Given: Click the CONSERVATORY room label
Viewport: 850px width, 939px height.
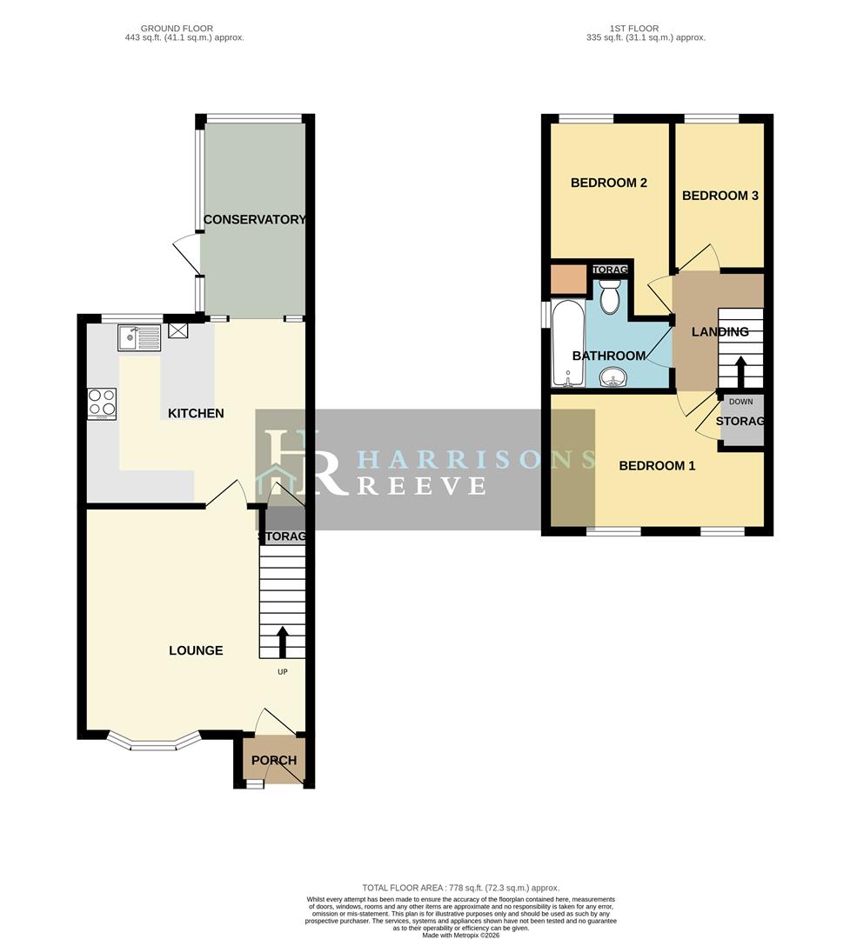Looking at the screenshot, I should pos(254,220).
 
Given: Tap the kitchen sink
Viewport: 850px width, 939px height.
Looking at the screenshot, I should pos(140,337).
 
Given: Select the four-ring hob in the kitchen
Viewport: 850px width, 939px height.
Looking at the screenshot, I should pos(102,404).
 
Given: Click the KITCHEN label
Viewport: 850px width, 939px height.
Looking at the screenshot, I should pos(196,414).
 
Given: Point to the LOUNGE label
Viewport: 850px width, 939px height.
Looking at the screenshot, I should pos(196,650).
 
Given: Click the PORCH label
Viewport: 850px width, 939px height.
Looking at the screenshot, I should pos(274,761).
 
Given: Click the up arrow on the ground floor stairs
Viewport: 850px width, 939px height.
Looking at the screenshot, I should pos(282,642).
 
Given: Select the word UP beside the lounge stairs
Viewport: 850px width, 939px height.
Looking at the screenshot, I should pos(282,672).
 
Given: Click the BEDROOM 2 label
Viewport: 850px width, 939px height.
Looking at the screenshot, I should pos(609,183).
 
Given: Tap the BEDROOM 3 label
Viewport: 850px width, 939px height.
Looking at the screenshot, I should pos(719,196).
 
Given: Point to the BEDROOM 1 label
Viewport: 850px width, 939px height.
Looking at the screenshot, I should pos(657,466).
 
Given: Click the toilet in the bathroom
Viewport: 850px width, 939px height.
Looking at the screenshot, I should pos(610,297).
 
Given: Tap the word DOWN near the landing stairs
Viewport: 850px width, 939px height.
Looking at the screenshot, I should pos(740,402).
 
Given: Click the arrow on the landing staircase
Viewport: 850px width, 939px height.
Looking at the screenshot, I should pos(740,371).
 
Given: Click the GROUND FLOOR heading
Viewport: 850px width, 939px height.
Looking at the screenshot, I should pos(184,29).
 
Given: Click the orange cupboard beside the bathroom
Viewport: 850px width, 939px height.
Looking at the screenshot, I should pos(568,280).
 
